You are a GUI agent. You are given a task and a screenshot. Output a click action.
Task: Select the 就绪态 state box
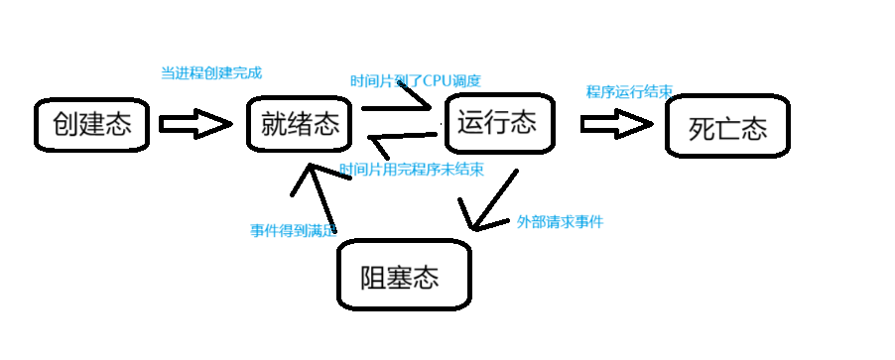(x=300, y=124)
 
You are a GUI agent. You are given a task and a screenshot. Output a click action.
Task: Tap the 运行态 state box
(x=497, y=123)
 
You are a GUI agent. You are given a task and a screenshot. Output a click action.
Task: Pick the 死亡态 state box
(x=728, y=129)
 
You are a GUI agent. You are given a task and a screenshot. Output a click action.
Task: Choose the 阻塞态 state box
(x=401, y=275)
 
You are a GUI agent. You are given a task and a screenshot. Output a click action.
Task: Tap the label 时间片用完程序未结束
(x=412, y=170)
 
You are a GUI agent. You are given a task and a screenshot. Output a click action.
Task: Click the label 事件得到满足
(x=294, y=230)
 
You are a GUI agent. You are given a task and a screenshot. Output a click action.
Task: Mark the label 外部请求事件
(x=560, y=222)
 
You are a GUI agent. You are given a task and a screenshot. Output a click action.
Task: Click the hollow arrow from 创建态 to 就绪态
(x=194, y=124)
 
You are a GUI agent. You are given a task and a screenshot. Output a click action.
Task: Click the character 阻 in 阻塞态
(x=375, y=276)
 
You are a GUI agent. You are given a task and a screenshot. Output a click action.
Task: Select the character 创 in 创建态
(x=65, y=125)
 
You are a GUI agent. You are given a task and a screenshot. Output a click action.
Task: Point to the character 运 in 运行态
(x=471, y=124)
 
